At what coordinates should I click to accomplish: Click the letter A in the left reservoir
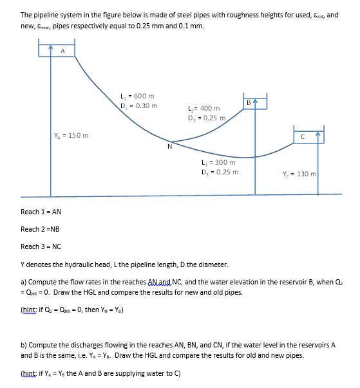click(x=62, y=50)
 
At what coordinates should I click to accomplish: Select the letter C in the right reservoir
click(x=301, y=136)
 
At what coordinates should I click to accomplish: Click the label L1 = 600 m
click(x=138, y=96)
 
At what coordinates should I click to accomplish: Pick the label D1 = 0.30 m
click(x=138, y=106)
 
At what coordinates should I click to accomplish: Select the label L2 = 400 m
click(x=203, y=109)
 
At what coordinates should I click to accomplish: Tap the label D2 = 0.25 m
click(x=205, y=118)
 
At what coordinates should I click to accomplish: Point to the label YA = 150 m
click(x=70, y=135)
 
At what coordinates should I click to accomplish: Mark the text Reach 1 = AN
click(x=41, y=211)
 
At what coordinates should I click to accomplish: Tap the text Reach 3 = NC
click(x=41, y=246)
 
